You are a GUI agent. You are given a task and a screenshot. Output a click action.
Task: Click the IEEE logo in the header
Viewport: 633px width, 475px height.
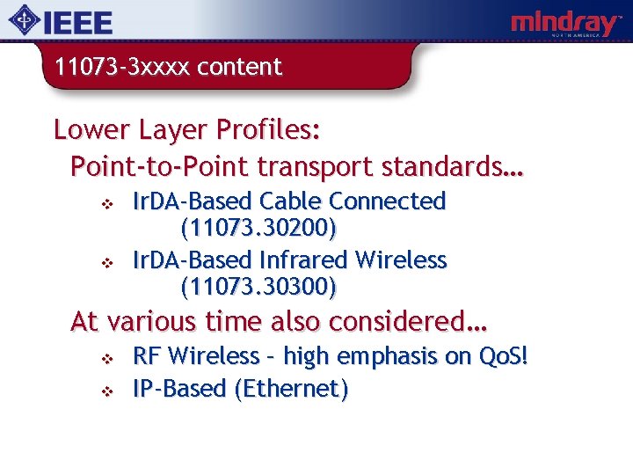(x=61, y=21)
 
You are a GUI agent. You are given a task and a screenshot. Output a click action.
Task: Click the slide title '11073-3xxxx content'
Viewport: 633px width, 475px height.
(x=168, y=67)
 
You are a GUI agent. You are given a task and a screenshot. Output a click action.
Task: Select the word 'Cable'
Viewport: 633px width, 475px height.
(x=293, y=201)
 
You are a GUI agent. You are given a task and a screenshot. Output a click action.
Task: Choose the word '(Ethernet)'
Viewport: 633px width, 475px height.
(x=292, y=389)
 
